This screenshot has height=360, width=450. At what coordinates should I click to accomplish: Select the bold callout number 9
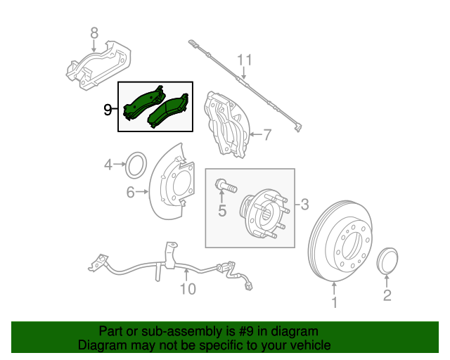point(108,109)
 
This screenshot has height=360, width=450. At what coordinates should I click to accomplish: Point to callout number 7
point(266,134)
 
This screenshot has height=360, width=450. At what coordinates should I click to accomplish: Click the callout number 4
point(108,165)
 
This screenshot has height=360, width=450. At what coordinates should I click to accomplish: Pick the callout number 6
point(130,191)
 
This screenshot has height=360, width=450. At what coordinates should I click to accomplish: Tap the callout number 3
point(304,205)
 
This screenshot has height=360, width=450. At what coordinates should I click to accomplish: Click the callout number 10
point(187,288)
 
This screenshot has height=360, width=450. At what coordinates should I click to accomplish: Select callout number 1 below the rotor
point(335,303)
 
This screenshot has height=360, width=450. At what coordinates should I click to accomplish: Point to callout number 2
point(387,295)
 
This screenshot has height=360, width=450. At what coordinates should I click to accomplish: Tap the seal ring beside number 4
point(135,166)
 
